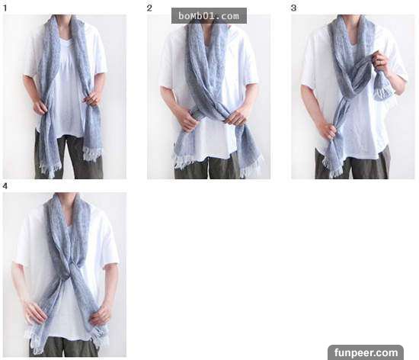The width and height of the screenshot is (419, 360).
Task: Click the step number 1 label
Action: pyautogui.click(x=5, y=8)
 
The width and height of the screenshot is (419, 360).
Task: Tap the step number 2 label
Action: pyautogui.click(x=149, y=8)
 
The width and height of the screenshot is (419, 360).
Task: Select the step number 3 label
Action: pyautogui.click(x=293, y=8)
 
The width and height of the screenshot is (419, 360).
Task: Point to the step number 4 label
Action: pyautogui.click(x=5, y=186)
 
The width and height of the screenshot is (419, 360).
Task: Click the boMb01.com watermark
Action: pyautogui.click(x=209, y=16)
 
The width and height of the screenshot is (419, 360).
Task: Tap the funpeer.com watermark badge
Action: pyautogui.click(x=366, y=352)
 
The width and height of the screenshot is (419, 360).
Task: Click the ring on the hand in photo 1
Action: pyautogui.click(x=94, y=99)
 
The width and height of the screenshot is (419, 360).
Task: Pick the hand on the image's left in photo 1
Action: pyautogui.click(x=40, y=108)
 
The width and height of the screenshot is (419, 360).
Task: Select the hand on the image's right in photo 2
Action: pyautogui.click(x=236, y=118)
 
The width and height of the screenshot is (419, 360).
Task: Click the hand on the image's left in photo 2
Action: pyautogui.click(x=188, y=121)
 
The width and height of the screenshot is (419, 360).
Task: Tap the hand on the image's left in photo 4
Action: pyautogui.click(x=35, y=311)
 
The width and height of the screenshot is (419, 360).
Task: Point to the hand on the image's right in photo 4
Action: pyautogui.click(x=101, y=313)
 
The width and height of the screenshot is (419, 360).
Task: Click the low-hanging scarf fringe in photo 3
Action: pyautogui.click(x=332, y=166)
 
